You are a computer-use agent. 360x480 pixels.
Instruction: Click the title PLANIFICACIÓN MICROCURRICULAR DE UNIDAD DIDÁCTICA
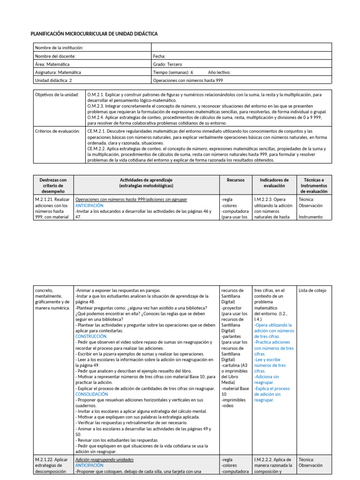pos(94,34)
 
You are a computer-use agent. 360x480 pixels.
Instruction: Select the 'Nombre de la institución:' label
pos(59,47)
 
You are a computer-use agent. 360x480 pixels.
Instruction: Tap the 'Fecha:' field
pos(159,56)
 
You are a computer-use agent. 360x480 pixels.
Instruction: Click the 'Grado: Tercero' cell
pos(167,64)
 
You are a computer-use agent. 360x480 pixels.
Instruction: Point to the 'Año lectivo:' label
pos(219,73)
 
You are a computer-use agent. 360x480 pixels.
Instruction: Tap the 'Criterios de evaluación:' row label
pos(58,131)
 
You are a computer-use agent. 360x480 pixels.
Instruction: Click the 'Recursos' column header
pos(235,180)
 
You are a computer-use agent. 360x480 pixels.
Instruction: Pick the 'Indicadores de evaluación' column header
pos(274,183)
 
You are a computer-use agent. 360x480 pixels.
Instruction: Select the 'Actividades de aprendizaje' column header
pos(146,180)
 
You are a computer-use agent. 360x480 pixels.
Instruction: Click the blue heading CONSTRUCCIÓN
pos(90,336)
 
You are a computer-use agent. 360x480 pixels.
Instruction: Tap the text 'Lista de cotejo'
pos(312,291)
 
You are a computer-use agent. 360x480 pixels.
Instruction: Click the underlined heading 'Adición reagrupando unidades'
pos(104,460)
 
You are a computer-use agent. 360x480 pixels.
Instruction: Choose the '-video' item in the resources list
pos(228,406)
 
